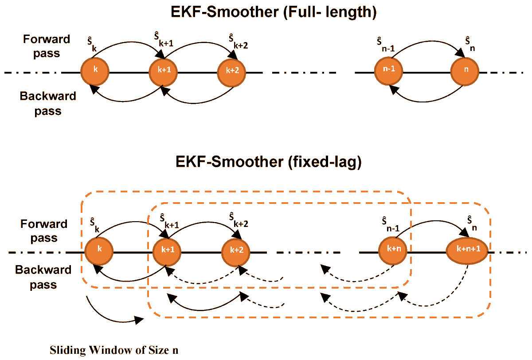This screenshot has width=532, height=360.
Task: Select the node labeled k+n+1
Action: (467, 250)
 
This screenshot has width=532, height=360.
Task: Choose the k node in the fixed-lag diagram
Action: (99, 250)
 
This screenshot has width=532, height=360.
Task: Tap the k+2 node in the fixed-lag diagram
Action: (236, 250)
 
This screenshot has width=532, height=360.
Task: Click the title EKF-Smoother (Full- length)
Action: (274, 12)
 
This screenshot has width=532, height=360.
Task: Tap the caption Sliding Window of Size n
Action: (114, 349)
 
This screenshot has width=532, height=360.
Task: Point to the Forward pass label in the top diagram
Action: (46, 46)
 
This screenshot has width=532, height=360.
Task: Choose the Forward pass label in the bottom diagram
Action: (43, 231)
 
